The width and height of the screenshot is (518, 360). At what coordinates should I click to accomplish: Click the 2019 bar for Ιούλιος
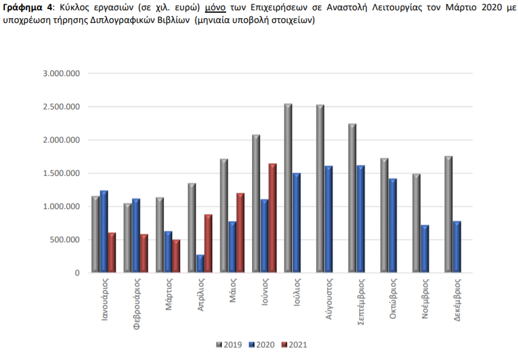[288, 188]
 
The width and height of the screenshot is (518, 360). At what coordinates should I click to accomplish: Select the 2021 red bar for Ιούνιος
[272, 218]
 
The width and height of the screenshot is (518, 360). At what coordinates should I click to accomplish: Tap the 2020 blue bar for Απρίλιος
[200, 263]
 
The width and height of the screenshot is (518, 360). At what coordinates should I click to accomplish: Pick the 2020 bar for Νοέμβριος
[425, 249]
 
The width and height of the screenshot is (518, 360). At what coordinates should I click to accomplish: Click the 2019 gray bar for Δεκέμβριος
[448, 214]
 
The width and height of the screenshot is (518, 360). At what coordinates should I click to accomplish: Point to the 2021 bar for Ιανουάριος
[112, 252]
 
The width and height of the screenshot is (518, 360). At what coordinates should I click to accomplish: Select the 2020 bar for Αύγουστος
[328, 219]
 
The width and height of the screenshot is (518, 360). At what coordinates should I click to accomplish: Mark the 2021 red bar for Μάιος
[240, 233]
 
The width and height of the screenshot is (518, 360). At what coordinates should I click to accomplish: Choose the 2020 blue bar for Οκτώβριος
[392, 225]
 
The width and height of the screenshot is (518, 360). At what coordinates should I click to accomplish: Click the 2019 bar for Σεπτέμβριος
[352, 198]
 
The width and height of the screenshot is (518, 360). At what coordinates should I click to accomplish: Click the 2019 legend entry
[229, 345]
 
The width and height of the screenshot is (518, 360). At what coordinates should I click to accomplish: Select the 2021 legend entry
[294, 345]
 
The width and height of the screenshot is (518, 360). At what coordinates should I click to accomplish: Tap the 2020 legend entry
[262, 345]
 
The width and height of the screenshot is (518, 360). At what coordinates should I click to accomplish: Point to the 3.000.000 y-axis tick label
[62, 73]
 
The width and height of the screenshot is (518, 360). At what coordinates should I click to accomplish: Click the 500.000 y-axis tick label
[65, 240]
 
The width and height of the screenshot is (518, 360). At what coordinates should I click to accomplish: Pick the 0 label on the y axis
[77, 273]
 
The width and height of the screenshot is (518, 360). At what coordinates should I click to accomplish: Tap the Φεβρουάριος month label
[137, 304]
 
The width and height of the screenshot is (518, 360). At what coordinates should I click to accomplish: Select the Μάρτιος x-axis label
[169, 294]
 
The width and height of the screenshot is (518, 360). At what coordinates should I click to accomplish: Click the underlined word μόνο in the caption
[215, 8]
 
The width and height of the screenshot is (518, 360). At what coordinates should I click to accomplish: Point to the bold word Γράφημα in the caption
[23, 8]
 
